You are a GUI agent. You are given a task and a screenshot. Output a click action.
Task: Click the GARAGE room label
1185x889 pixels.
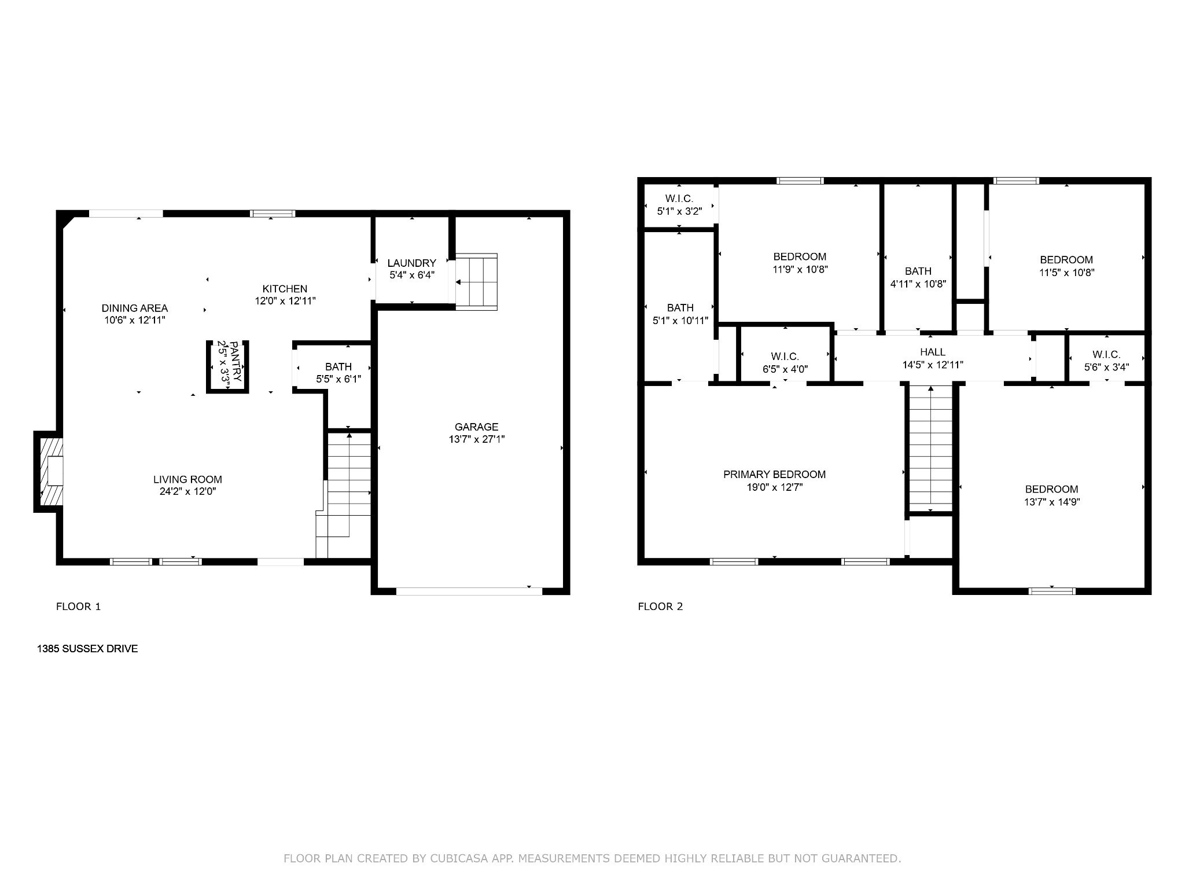[476, 427]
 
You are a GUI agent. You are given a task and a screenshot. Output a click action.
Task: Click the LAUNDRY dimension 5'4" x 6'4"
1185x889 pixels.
[411, 275]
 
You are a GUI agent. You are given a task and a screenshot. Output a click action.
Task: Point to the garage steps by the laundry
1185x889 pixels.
[476, 282]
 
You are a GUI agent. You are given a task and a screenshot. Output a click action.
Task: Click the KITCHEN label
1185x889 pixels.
[285, 289]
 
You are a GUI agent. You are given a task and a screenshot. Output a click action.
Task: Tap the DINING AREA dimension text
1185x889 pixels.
[135, 320]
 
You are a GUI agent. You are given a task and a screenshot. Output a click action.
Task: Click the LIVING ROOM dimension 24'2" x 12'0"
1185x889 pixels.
[187, 491]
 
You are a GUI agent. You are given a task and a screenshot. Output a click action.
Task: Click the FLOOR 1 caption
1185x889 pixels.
[78, 607]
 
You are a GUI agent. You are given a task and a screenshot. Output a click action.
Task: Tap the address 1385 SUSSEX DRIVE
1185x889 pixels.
[87, 649]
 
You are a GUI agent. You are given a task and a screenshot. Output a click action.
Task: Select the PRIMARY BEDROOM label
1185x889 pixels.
[774, 475]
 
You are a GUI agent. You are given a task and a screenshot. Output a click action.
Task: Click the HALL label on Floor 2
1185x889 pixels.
[933, 352]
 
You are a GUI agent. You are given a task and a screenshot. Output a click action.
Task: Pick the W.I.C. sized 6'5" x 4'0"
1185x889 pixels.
[785, 362]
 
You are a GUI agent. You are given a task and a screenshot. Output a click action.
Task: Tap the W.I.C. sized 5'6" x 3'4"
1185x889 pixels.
[1106, 361]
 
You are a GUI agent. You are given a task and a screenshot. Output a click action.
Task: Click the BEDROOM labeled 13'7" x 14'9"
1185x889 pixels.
[1051, 495]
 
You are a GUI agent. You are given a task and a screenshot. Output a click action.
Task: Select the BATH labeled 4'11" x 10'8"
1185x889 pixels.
[918, 277]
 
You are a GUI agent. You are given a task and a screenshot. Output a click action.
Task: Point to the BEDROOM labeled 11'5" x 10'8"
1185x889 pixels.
[1066, 266]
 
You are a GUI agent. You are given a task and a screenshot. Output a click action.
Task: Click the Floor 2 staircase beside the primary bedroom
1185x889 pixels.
[930, 449]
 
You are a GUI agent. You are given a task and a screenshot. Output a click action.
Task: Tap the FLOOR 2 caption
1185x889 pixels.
[660, 607]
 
